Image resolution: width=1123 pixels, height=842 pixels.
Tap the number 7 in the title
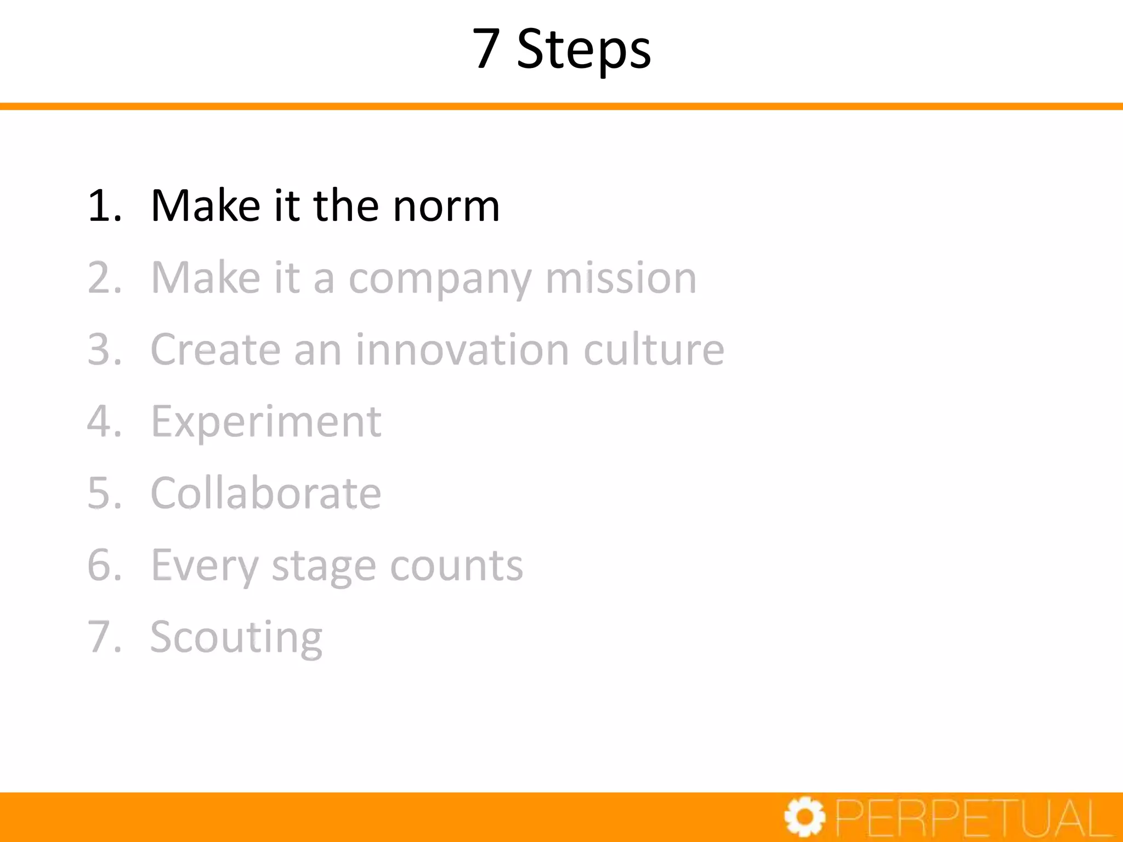pyautogui.click(x=486, y=49)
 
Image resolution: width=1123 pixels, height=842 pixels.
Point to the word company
pyautogui.click(x=440, y=278)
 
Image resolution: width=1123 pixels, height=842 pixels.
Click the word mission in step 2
pyautogui.click(x=621, y=278)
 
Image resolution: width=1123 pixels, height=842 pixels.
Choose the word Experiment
pyautogui.click(x=266, y=422)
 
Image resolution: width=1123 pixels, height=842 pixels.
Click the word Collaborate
pyautogui.click(x=266, y=493)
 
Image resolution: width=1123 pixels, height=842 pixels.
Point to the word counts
pyautogui.click(x=456, y=566)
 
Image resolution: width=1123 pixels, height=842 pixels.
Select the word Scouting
pyautogui.click(x=236, y=638)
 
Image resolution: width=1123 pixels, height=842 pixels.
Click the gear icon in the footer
pyautogui.click(x=804, y=817)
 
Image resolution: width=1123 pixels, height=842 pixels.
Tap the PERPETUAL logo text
pyautogui.click(x=973, y=817)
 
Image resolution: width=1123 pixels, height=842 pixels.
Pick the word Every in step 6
pyautogui.click(x=204, y=566)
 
